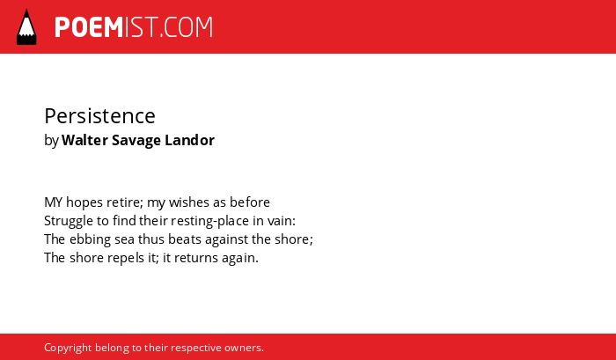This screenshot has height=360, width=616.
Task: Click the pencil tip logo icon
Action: point(26,26)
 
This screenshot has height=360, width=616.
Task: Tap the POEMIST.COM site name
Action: point(134,27)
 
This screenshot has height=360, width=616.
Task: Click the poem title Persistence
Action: point(99,116)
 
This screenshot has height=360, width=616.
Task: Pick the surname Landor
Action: point(189,140)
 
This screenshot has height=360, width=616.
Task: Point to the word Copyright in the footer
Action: point(68,349)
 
